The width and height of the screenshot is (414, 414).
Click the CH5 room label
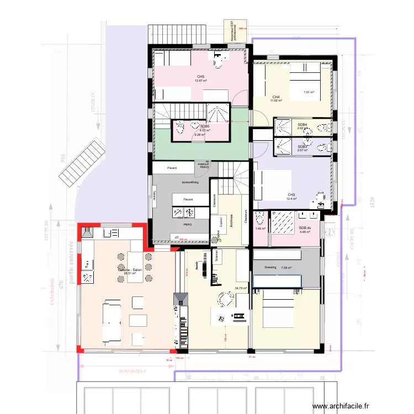tap(200, 77)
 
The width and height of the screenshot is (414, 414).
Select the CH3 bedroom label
tap(291, 194)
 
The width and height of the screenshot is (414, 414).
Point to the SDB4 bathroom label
tap(302, 125)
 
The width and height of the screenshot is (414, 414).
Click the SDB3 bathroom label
tap(302, 146)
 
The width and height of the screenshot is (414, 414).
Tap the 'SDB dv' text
tap(305, 227)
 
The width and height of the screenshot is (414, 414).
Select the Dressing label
tap(270, 267)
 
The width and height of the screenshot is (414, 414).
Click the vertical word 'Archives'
tap(231, 221)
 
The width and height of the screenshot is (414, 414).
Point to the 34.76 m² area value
tap(241, 288)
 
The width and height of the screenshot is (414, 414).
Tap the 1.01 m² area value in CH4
tap(309, 92)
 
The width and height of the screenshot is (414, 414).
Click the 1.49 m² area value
tap(260, 229)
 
